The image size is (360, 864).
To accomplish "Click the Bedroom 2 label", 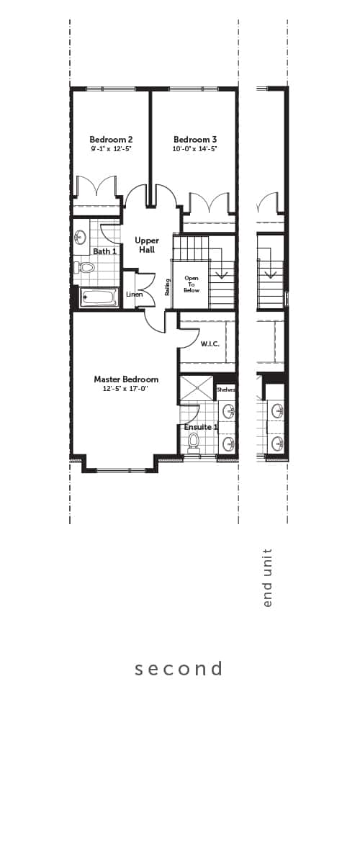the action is pos(111,139).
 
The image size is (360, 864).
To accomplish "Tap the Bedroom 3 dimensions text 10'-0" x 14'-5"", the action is pos(195,148).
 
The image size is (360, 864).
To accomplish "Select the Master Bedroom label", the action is pos(126,379).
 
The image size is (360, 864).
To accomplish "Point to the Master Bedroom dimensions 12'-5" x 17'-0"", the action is pos(126,389).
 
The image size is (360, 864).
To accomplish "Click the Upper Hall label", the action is pos(147,245).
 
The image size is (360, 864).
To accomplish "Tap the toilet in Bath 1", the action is pos(84,267).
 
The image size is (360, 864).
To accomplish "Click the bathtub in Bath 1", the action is pos(99,298).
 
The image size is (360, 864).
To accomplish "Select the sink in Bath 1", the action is pos(80,236).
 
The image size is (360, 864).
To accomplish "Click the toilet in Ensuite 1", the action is pos(192,442).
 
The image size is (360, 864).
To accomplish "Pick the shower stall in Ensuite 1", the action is pos(197,388).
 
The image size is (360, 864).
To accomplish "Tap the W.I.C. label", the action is pos(210,344).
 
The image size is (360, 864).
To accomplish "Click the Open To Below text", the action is pos(192,284).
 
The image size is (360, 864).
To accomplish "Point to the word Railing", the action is pos(168,287).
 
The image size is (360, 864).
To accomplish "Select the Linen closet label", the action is pos(135,294).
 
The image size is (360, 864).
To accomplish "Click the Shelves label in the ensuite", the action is pos(226,390).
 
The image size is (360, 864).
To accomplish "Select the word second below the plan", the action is pos(179,669).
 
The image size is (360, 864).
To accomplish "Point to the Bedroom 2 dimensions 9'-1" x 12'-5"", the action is pos(112,148).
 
